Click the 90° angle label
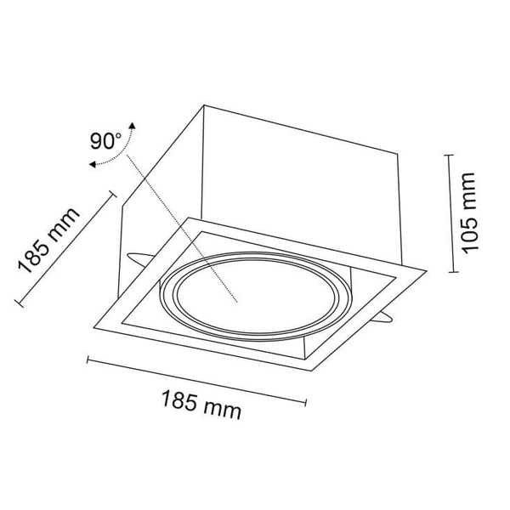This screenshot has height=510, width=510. (x=105, y=141)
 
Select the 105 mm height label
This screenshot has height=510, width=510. (x=469, y=213)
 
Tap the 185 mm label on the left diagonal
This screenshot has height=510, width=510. (x=48, y=240)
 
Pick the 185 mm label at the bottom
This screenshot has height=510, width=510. (x=201, y=405)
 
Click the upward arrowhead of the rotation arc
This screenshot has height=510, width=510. (x=132, y=126)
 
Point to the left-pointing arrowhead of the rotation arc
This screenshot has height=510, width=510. (x=93, y=164)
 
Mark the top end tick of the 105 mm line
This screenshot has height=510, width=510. (x=449, y=156)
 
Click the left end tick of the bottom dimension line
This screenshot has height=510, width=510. (x=88, y=360)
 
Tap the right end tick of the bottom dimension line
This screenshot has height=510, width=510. (x=305, y=402)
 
